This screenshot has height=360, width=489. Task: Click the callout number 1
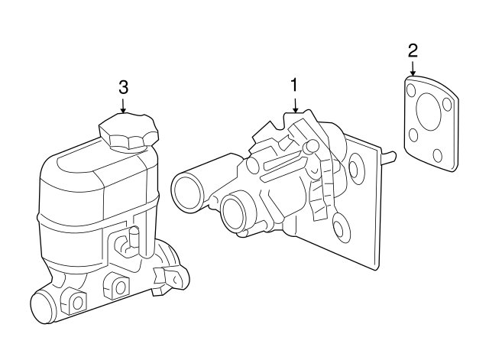tap(293, 85)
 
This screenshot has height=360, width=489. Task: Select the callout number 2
tap(413, 51)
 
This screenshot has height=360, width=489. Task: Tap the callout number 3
tap(124, 87)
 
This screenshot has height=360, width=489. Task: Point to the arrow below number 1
tap(294, 105)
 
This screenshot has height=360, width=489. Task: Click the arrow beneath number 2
tap(413, 69)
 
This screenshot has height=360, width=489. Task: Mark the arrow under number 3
tap(124, 106)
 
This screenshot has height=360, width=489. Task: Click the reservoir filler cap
tap(128, 132)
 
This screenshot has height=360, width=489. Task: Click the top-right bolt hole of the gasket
tap(447, 104)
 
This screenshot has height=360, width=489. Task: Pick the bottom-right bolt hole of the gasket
tap(438, 155)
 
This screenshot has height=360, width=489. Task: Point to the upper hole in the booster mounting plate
tap(355, 168)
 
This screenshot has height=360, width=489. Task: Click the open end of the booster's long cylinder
tap(187, 190)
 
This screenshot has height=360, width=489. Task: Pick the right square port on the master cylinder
tap(120, 286)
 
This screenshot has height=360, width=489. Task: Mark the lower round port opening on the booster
tap(234, 213)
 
